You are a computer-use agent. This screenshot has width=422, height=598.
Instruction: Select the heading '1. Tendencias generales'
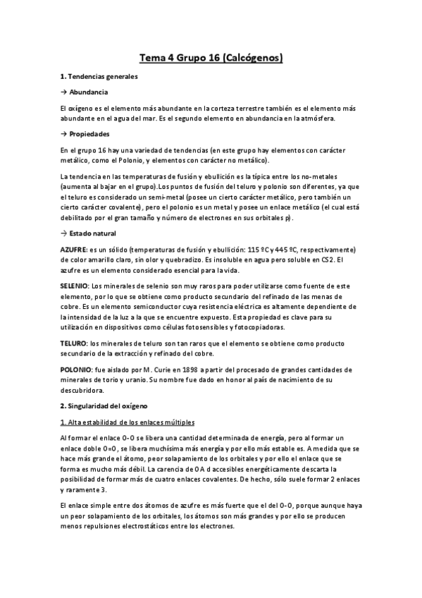[x=99, y=76]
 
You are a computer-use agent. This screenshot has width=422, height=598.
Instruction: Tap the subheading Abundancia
[x=88, y=92]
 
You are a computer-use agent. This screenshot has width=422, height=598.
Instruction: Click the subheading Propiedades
[x=89, y=133]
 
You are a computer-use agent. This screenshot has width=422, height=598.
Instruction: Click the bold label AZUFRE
[x=74, y=250]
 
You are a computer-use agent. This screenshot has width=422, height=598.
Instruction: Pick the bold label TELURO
[x=74, y=342]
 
